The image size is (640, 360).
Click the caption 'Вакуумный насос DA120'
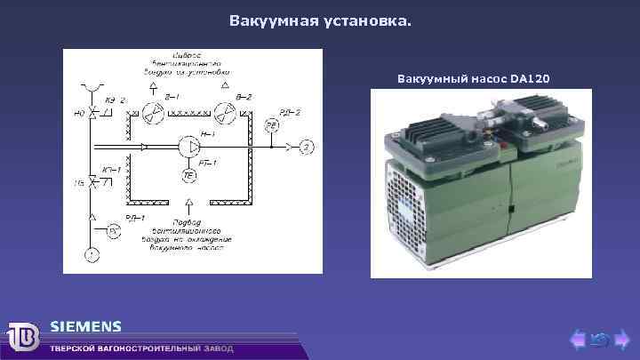point(473,79)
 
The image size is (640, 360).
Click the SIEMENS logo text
point(85,326)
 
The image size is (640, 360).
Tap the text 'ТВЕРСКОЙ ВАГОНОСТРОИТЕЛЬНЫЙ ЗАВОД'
point(142,348)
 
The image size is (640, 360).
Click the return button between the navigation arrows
point(599,339)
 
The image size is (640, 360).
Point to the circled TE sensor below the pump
point(188,177)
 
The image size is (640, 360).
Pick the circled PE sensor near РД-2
point(273,127)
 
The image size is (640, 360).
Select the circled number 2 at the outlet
point(306,146)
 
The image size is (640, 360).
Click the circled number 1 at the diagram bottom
point(91,256)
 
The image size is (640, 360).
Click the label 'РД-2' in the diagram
point(288,111)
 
